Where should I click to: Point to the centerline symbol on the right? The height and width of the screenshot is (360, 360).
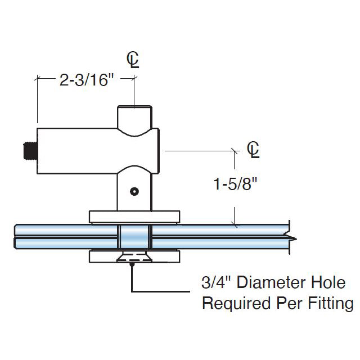pyautogui.click(x=254, y=149)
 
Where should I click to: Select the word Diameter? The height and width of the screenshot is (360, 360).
pyautogui.click(x=264, y=282)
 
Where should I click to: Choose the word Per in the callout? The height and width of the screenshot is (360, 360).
pyautogui.click(x=291, y=304)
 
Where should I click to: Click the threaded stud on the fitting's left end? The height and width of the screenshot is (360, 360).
pyautogui.click(x=29, y=151)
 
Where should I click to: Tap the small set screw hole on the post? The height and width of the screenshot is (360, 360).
pyautogui.click(x=134, y=192)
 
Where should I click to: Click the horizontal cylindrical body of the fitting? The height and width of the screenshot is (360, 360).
pyautogui.click(x=79, y=151)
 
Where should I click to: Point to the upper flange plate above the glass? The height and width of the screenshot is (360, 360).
pyautogui.click(x=134, y=217)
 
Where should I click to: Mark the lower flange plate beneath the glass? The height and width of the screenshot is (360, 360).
pyautogui.click(x=134, y=257)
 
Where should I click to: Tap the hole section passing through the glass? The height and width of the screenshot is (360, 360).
pyautogui.click(x=134, y=236)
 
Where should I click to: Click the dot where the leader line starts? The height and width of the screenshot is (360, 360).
pyautogui.click(x=132, y=264)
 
